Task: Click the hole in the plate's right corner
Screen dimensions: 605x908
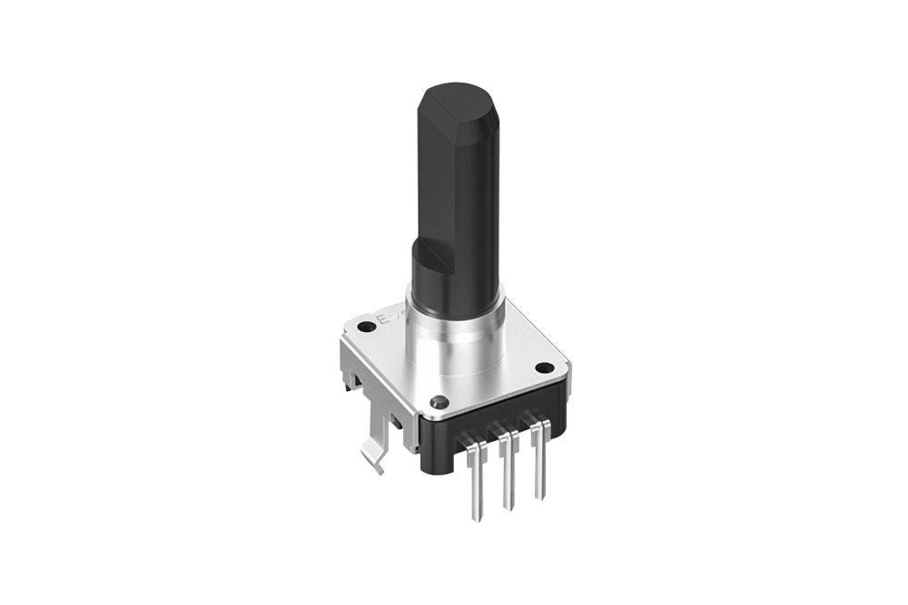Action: [544, 368]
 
